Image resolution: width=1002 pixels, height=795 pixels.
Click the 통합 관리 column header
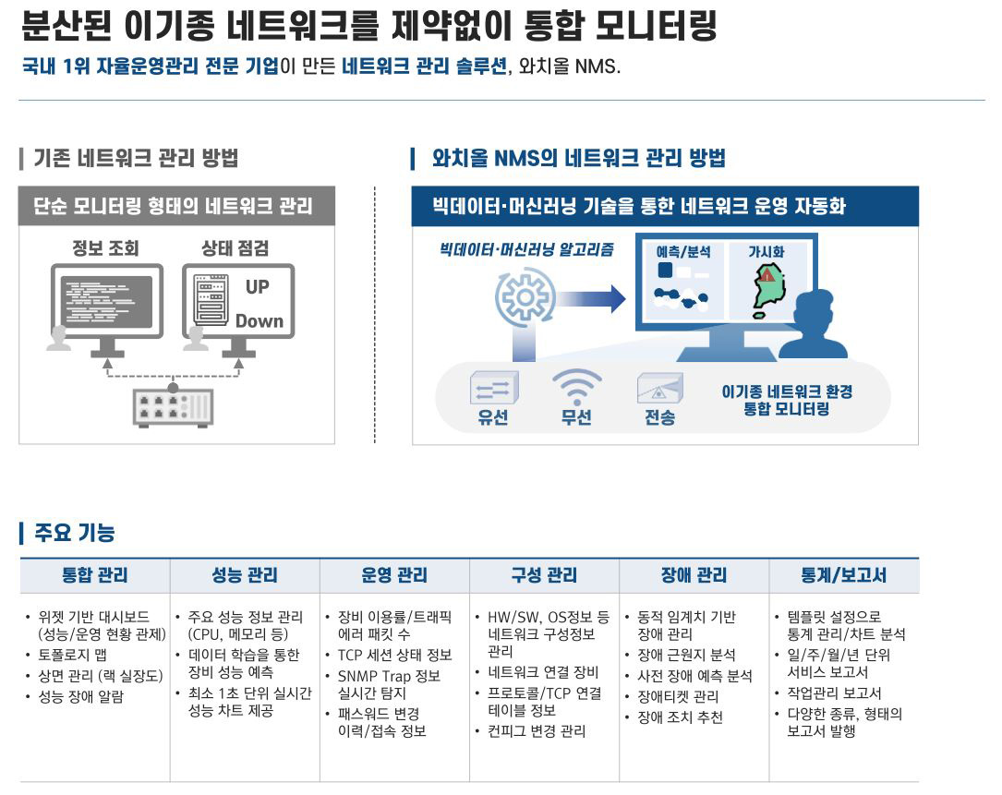[x=94, y=575]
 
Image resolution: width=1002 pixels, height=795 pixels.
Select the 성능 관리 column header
[x=244, y=575]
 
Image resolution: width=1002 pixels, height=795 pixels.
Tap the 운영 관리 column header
[x=394, y=575]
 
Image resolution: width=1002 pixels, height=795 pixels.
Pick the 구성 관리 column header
[x=544, y=575]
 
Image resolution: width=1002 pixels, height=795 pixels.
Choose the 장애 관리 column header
[x=694, y=575]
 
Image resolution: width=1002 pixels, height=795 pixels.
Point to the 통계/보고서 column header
[x=843, y=575]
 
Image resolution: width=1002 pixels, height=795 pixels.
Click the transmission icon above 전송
[x=659, y=388]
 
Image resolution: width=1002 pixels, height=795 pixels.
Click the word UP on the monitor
[x=258, y=287]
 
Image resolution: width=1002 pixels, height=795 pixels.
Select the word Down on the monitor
[x=259, y=321]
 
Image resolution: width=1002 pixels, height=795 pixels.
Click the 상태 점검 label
[x=235, y=247]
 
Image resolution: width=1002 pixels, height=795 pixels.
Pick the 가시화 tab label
[x=766, y=251]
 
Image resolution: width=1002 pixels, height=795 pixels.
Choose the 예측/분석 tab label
[x=683, y=251]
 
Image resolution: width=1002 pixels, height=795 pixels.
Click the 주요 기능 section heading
[x=74, y=533]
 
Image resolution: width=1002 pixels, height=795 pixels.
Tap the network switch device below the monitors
[x=173, y=406]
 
